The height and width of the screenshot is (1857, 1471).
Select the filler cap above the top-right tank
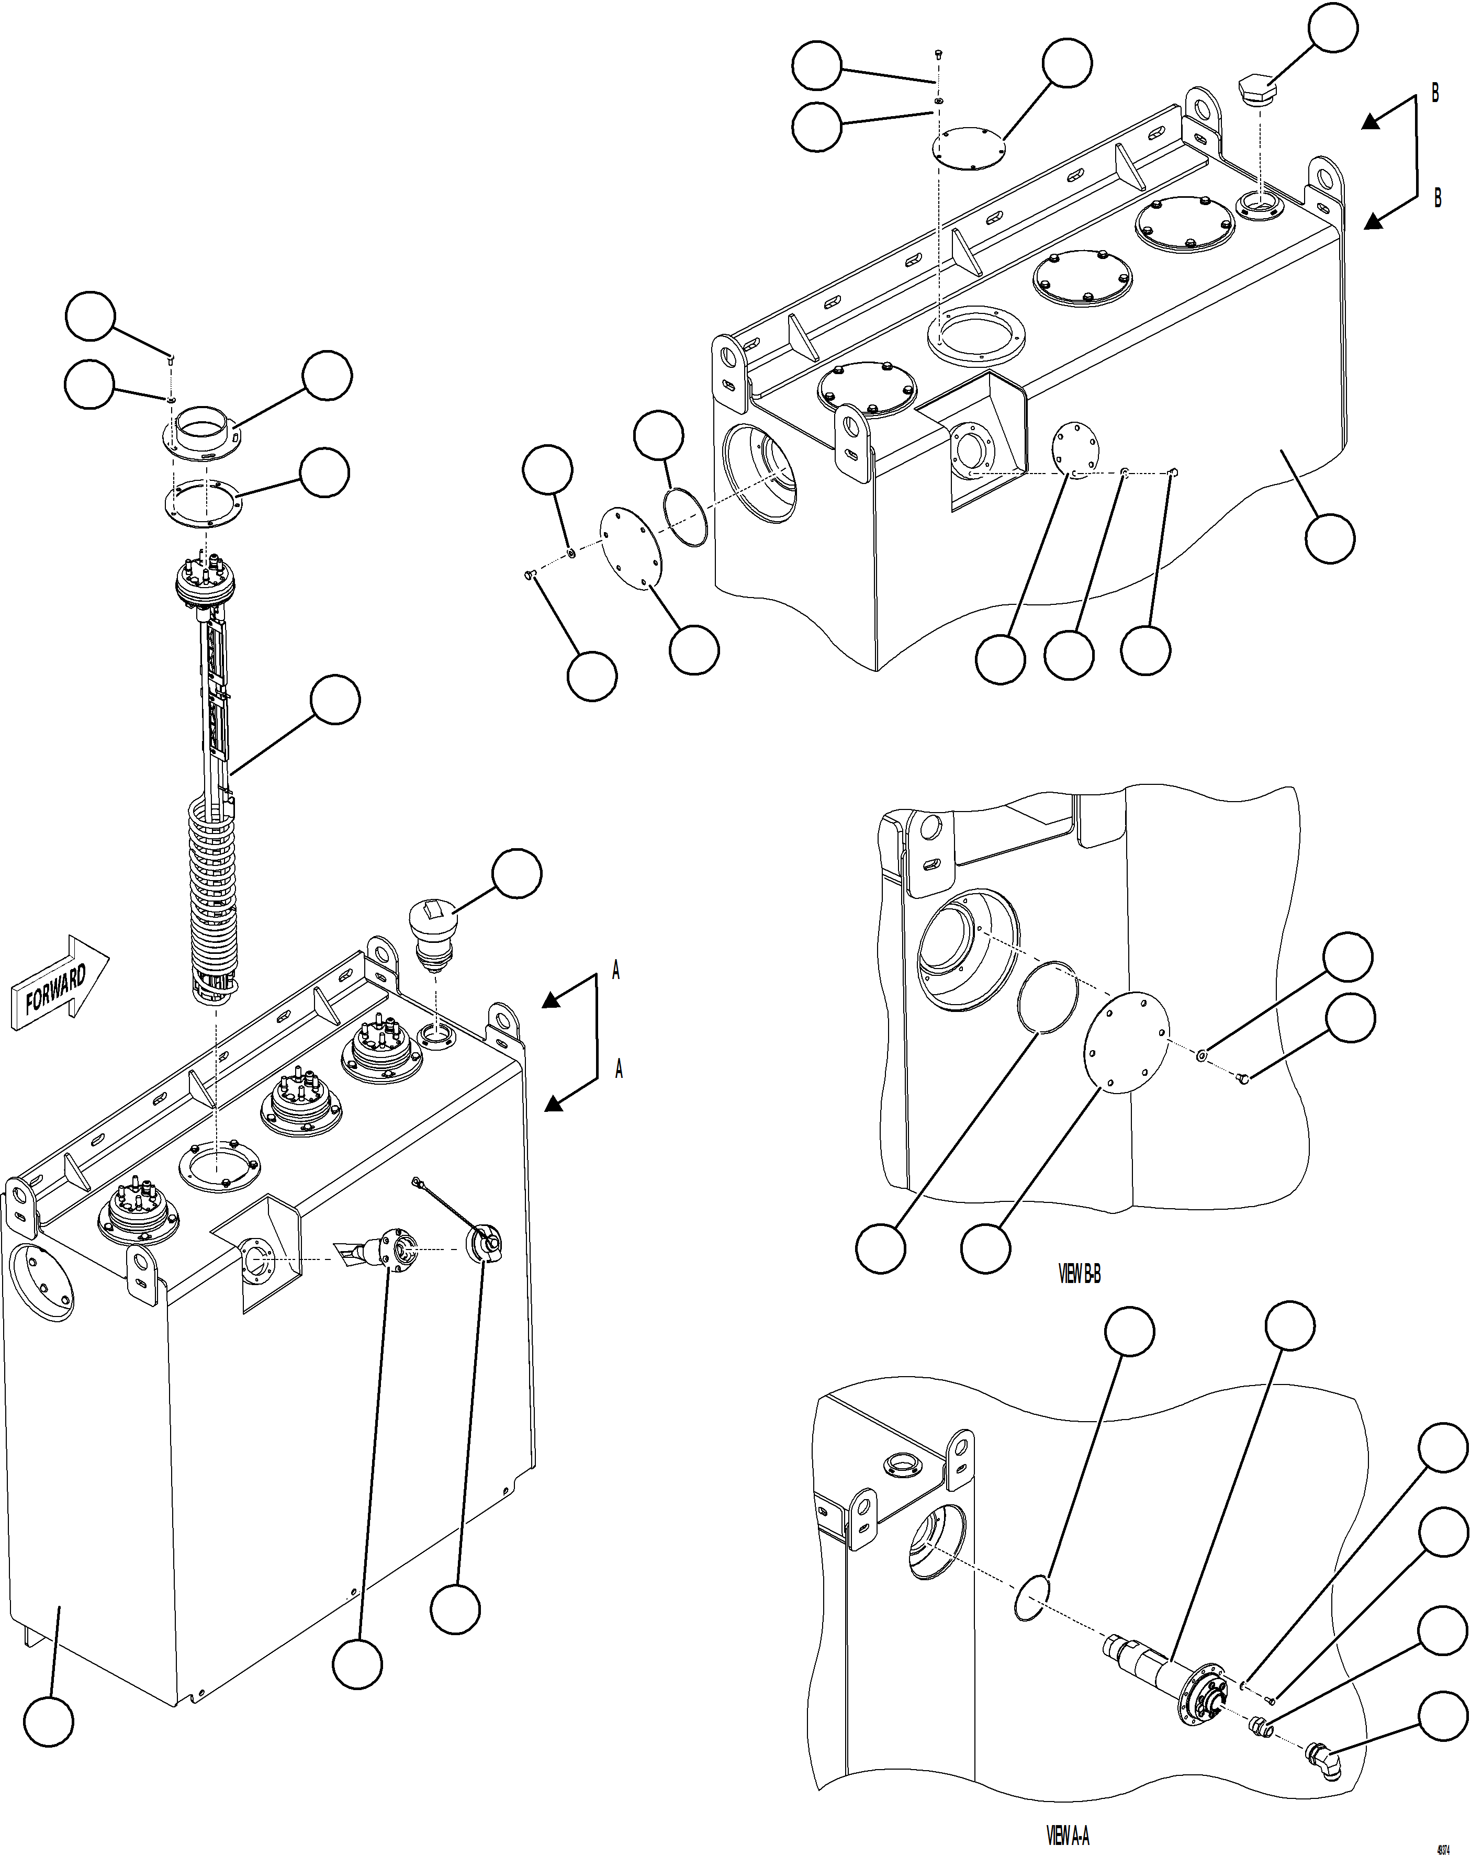[1258, 88]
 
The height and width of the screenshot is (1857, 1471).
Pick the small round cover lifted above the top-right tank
[970, 147]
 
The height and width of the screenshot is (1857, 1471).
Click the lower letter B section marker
[1436, 197]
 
